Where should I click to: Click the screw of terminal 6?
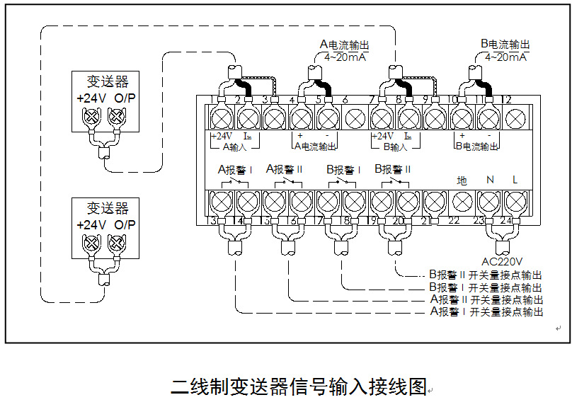[x=354, y=117]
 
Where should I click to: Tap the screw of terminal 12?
[x=516, y=117]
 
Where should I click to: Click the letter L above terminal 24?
[x=515, y=180]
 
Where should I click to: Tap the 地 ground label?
[x=462, y=180]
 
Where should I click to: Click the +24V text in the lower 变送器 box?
[x=91, y=225]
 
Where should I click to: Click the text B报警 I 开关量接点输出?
[x=486, y=287]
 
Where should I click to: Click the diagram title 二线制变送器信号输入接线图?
[x=299, y=387]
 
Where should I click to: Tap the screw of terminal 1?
[x=221, y=117]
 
